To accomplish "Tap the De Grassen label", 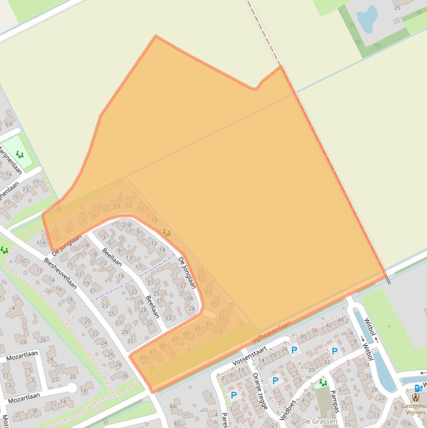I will [x=319, y=421].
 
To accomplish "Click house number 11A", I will [x=42, y=243].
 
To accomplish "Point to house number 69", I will [x=8, y=123].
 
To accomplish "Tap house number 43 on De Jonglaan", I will [x=144, y=358].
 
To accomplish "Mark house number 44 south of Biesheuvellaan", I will [x=173, y=406].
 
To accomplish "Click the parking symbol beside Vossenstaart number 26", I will [x=294, y=350].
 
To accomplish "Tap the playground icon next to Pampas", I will [x=323, y=383].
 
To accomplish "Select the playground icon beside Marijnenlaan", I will [x=19, y=155].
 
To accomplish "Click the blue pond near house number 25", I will [x=366, y=19].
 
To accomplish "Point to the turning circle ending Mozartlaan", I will [x=71, y=387].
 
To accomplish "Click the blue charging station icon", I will [x=418, y=388].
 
